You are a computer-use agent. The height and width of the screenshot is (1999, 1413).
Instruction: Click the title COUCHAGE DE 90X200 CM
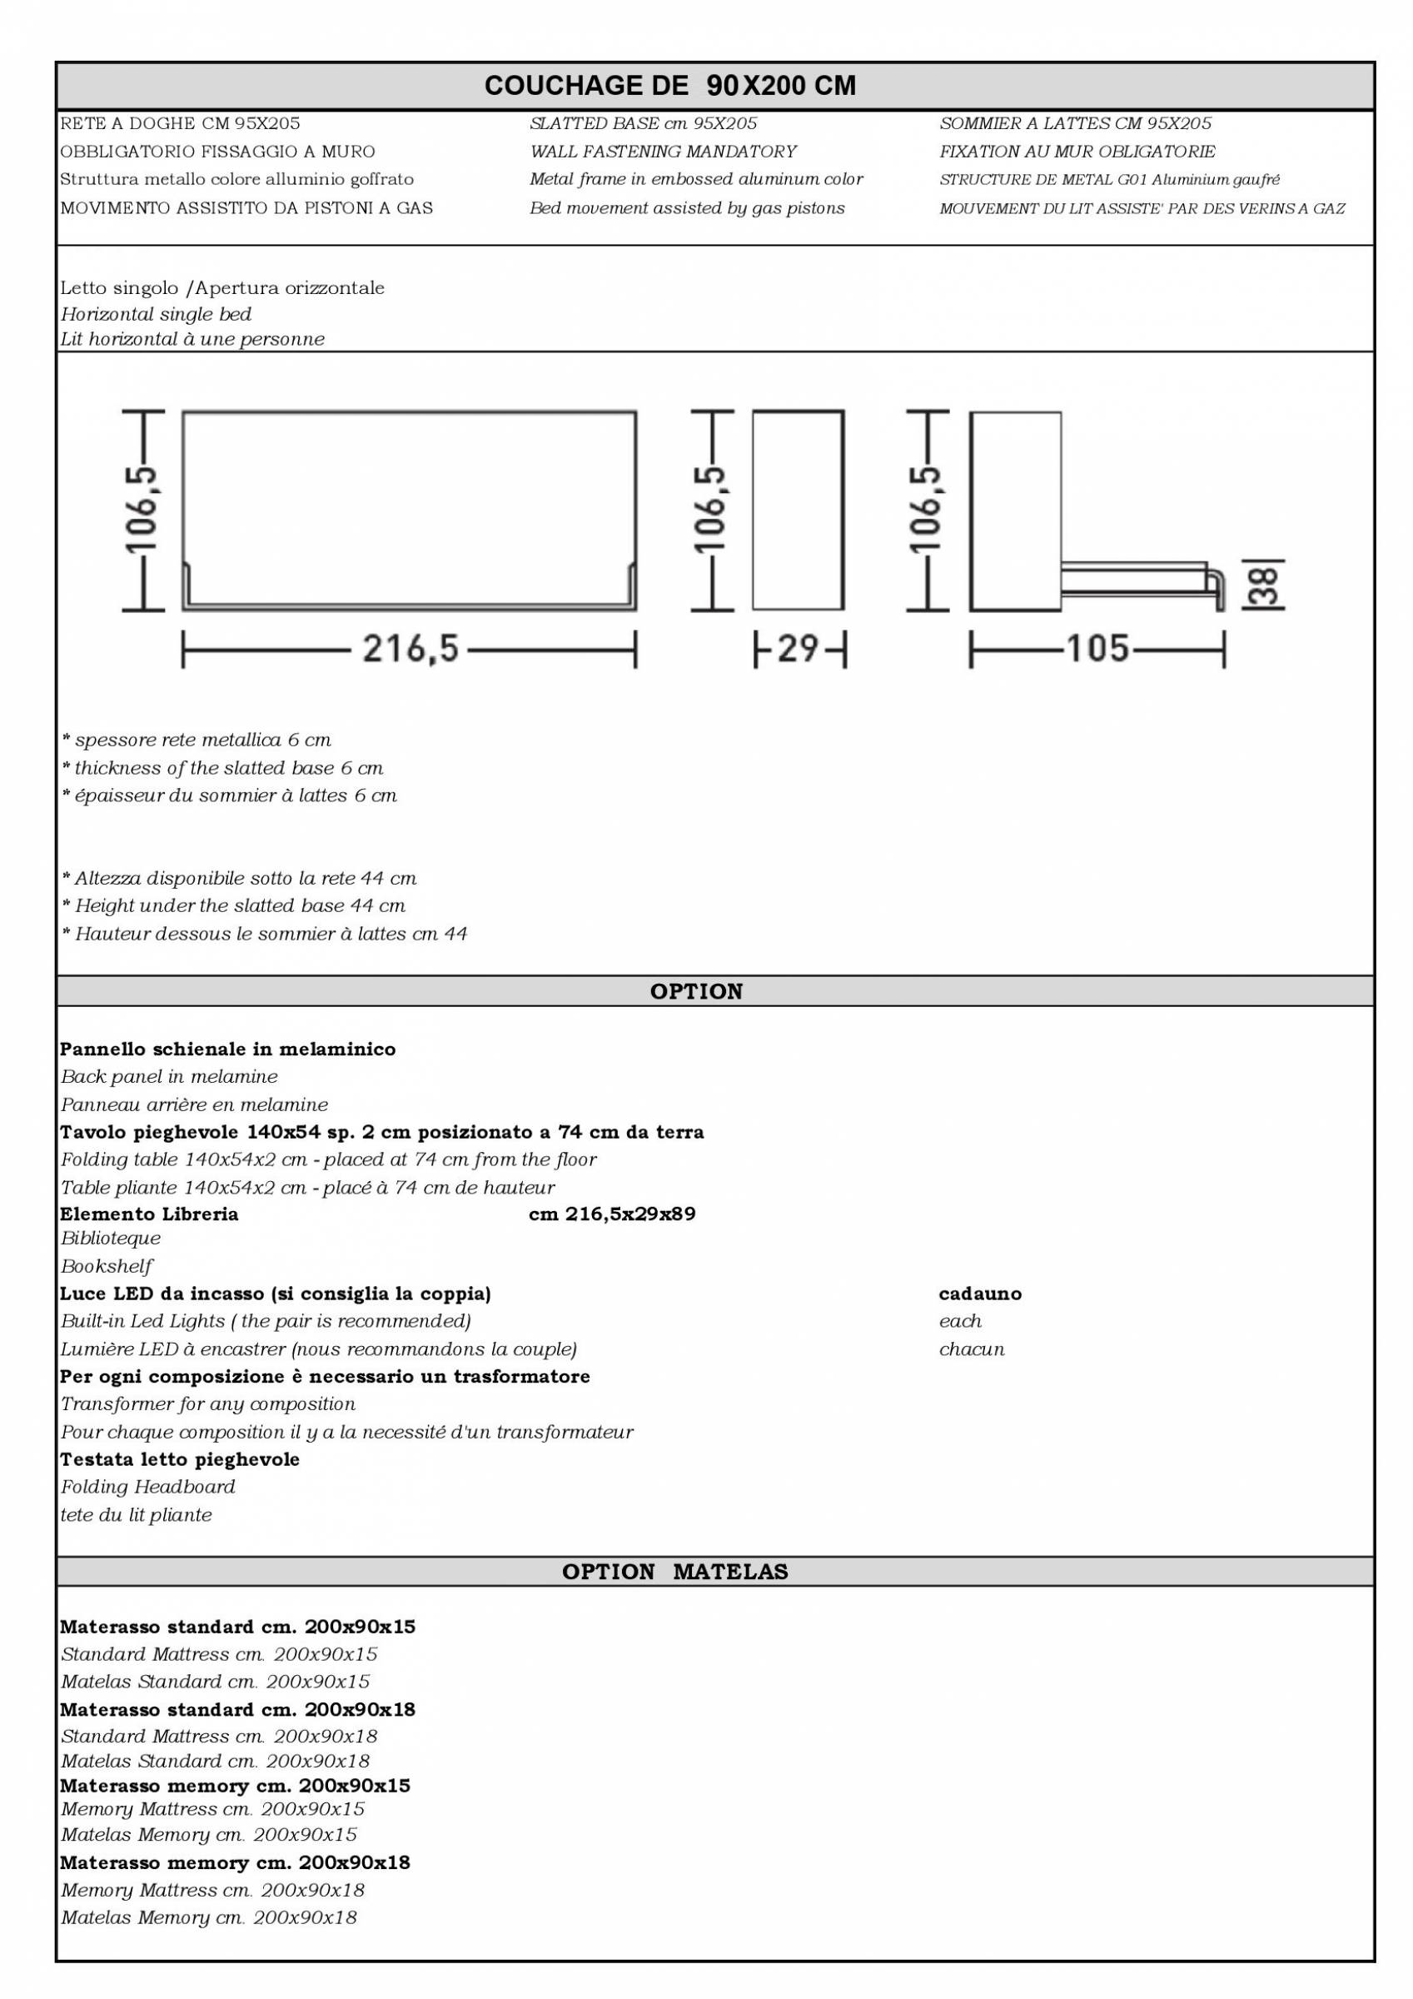pyautogui.click(x=669, y=85)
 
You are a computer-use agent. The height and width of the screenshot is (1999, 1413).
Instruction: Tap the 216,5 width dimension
pyautogui.click(x=410, y=649)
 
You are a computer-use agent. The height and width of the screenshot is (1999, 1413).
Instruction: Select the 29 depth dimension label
pyautogui.click(x=799, y=649)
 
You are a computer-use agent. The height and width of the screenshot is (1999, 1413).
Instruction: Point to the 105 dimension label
pyautogui.click(x=1097, y=649)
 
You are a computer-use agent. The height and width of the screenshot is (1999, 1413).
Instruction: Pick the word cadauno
pyautogui.click(x=980, y=1294)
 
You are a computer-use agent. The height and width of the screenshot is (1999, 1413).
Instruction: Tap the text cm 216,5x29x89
pyautogui.click(x=612, y=1214)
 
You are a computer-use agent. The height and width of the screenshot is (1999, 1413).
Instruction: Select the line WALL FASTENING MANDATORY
pyautogui.click(x=663, y=152)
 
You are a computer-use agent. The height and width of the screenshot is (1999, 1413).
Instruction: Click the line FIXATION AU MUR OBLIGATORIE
pyautogui.click(x=1077, y=152)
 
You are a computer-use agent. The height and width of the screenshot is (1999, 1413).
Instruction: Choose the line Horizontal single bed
pyautogui.click(x=156, y=314)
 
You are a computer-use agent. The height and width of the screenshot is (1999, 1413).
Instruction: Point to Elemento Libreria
pyautogui.click(x=149, y=1214)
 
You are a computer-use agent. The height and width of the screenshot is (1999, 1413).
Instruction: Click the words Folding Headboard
pyautogui.click(x=148, y=1486)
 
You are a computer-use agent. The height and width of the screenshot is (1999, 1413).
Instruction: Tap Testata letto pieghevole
pyautogui.click(x=179, y=1459)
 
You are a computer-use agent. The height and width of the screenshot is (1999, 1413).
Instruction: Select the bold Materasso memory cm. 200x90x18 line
pyautogui.click(x=235, y=1862)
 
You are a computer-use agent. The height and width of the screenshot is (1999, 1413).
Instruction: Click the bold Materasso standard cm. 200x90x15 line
pyautogui.click(x=237, y=1627)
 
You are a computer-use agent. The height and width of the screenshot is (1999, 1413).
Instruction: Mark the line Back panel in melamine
pyautogui.click(x=169, y=1076)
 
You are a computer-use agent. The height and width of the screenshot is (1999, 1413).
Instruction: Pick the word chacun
pyautogui.click(x=972, y=1348)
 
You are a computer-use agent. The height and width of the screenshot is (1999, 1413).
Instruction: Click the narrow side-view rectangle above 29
pyautogui.click(x=798, y=511)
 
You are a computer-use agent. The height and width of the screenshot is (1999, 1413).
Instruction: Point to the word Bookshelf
pyautogui.click(x=107, y=1266)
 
